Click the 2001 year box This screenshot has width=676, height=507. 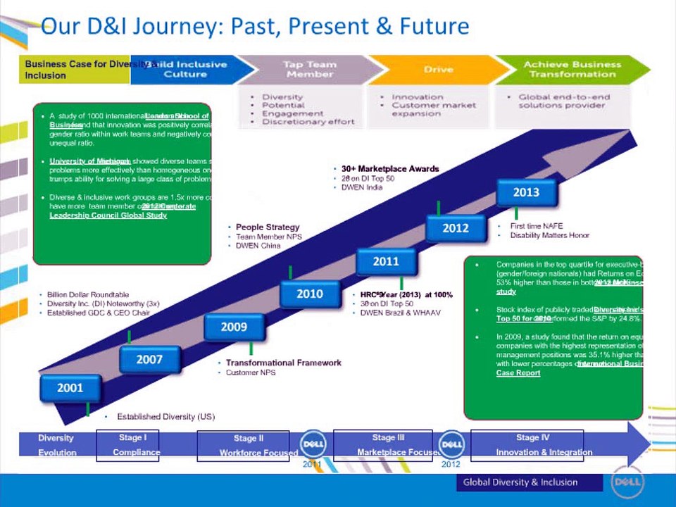(70, 388)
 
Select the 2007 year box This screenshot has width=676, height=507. (149, 360)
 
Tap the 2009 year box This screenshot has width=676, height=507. (234, 327)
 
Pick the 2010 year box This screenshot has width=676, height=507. (310, 294)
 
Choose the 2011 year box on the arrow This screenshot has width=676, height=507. (386, 261)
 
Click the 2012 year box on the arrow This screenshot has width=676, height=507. (456, 228)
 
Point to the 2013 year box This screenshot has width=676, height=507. (526, 192)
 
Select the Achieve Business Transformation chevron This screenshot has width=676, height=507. (572, 69)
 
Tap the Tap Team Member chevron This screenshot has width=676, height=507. (310, 69)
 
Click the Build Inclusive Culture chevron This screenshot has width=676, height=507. (190, 69)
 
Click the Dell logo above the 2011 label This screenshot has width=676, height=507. (313, 444)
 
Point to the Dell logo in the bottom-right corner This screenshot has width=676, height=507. (626, 482)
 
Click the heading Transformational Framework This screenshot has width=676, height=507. (283, 363)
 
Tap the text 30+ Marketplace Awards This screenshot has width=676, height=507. (390, 169)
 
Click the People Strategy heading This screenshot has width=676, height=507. (268, 227)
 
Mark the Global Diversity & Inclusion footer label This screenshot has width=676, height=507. (520, 482)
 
